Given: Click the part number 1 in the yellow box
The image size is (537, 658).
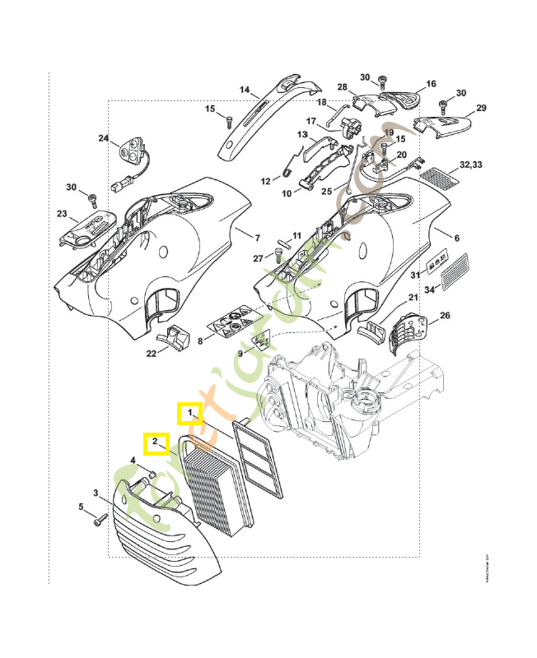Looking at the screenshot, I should (190, 411).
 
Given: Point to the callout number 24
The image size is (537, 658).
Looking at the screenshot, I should (104, 138).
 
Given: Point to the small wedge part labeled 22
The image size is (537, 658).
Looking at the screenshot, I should (175, 337).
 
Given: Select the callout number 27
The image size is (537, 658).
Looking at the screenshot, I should (257, 258).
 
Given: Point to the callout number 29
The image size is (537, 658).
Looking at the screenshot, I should (482, 108).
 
